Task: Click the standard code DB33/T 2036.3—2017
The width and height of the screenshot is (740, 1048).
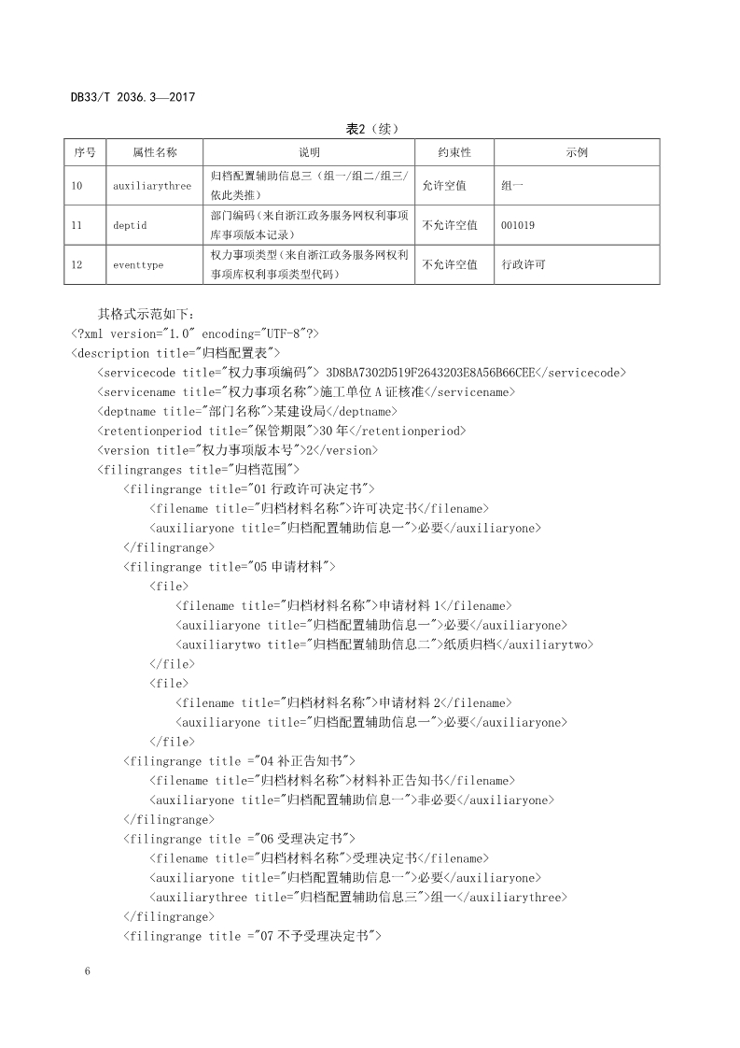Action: [x=132, y=97]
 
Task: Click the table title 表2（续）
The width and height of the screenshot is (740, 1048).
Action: [x=371, y=129]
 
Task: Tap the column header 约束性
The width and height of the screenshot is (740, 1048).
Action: [x=454, y=152]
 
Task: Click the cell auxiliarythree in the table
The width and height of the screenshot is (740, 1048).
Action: [x=152, y=186]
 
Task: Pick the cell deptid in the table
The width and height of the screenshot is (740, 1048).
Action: [x=130, y=225]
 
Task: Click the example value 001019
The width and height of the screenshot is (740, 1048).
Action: [x=518, y=225]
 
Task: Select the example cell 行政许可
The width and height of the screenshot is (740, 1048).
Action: [x=524, y=265]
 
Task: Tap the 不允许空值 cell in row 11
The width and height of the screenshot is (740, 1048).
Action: [x=450, y=225]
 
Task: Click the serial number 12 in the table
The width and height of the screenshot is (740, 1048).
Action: [x=77, y=265]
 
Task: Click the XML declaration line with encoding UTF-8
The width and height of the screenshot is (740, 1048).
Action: [x=195, y=333]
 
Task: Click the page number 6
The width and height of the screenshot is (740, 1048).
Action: [x=87, y=972]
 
